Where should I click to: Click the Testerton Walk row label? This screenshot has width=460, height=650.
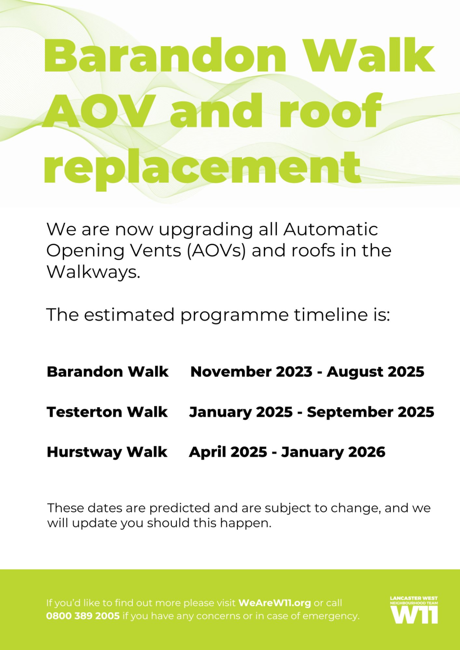point(107,412)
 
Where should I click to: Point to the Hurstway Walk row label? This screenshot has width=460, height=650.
point(107,452)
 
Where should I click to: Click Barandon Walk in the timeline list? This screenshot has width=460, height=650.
point(108,371)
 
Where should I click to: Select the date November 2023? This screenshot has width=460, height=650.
point(251,371)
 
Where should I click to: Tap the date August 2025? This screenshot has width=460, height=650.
point(376,371)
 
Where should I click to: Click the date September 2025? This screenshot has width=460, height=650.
point(370,412)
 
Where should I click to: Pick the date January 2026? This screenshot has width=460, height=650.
point(333,452)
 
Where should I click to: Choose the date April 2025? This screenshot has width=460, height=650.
point(228,452)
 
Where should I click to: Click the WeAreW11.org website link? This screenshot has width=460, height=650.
point(275,603)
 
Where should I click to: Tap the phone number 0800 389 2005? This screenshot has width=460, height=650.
point(83,616)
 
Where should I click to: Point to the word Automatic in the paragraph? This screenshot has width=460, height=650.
point(331,229)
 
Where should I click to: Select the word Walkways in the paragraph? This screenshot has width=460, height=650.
point(93,272)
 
